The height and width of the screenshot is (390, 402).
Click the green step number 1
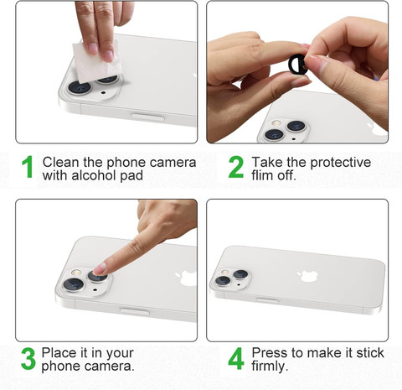coord(28,167)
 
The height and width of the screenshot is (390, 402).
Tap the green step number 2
coord(236,167)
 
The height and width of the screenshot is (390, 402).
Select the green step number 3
coord(28,359)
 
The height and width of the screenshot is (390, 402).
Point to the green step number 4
coord(236,359)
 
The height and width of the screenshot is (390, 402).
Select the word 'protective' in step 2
coord(341,163)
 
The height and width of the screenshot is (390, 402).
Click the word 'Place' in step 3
coord(59,353)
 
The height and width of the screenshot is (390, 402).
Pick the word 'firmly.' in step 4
coord(270,367)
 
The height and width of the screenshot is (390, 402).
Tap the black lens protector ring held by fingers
coord(298,65)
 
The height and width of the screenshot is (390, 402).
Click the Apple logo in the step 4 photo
coord(308,276)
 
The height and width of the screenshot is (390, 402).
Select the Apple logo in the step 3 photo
coord(187,278)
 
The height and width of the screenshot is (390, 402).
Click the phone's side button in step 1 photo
coord(147,117)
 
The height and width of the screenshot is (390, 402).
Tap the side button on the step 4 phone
coord(267,300)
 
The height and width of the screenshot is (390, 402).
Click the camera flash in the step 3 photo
coord(76,273)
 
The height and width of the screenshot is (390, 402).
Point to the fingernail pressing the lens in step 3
coord(99,269)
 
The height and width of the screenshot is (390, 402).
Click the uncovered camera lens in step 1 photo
coord(80,87)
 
